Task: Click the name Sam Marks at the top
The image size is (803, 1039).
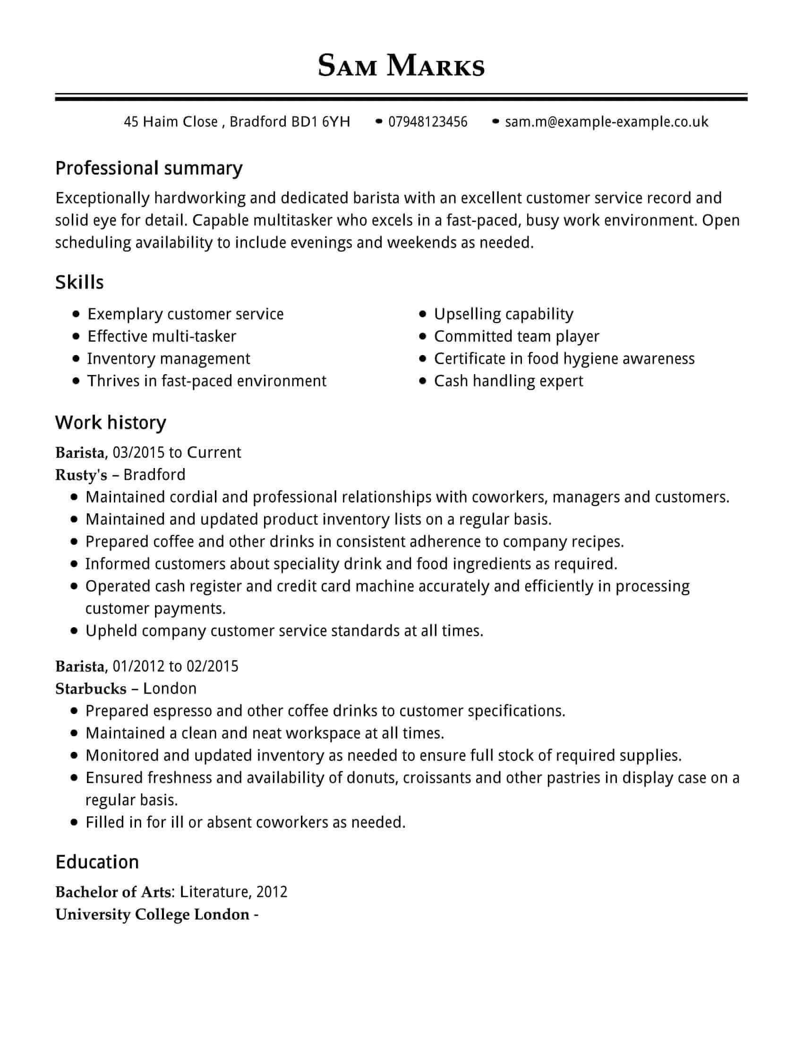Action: [x=401, y=66]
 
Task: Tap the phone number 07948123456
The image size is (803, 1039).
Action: [x=427, y=122]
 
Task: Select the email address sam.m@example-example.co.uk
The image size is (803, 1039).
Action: [x=607, y=122]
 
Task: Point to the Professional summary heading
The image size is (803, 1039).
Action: [x=149, y=169]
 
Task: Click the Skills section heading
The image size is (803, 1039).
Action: [x=79, y=282]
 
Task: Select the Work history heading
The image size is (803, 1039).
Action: [x=111, y=423]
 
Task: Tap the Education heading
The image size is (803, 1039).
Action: [x=97, y=862]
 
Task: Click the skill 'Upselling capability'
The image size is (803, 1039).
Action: [x=504, y=314]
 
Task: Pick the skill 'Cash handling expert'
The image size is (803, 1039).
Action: [x=508, y=381]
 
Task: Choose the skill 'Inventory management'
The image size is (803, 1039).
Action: [x=169, y=359]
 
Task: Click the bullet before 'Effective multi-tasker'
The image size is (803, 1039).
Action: [x=76, y=336]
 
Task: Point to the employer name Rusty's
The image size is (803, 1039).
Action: [x=81, y=475]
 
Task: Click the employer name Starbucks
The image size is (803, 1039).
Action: [x=90, y=689]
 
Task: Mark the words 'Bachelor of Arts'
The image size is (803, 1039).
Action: [x=113, y=892]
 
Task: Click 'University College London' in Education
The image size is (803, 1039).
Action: [x=152, y=914]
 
